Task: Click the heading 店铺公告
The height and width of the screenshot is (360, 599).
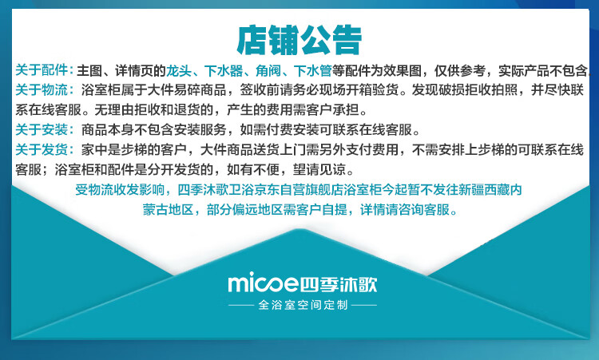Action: tap(299, 40)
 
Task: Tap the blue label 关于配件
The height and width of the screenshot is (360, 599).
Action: tap(42, 70)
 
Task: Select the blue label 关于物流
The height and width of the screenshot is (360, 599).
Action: tap(42, 90)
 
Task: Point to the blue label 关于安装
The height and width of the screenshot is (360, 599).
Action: tap(42, 130)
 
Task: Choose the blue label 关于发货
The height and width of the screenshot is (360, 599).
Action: tap(42, 149)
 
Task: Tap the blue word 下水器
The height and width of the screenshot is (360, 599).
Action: tap(224, 70)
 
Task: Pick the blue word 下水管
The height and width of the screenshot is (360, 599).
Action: tap(313, 70)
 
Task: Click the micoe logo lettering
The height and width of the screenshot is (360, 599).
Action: tap(264, 283)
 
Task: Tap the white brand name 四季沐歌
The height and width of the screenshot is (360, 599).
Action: tap(339, 284)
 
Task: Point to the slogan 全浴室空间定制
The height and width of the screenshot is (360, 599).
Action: tap(303, 305)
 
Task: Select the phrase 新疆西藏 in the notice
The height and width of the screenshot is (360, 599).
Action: tap(484, 190)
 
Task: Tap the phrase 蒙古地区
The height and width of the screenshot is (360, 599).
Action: tap(168, 210)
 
